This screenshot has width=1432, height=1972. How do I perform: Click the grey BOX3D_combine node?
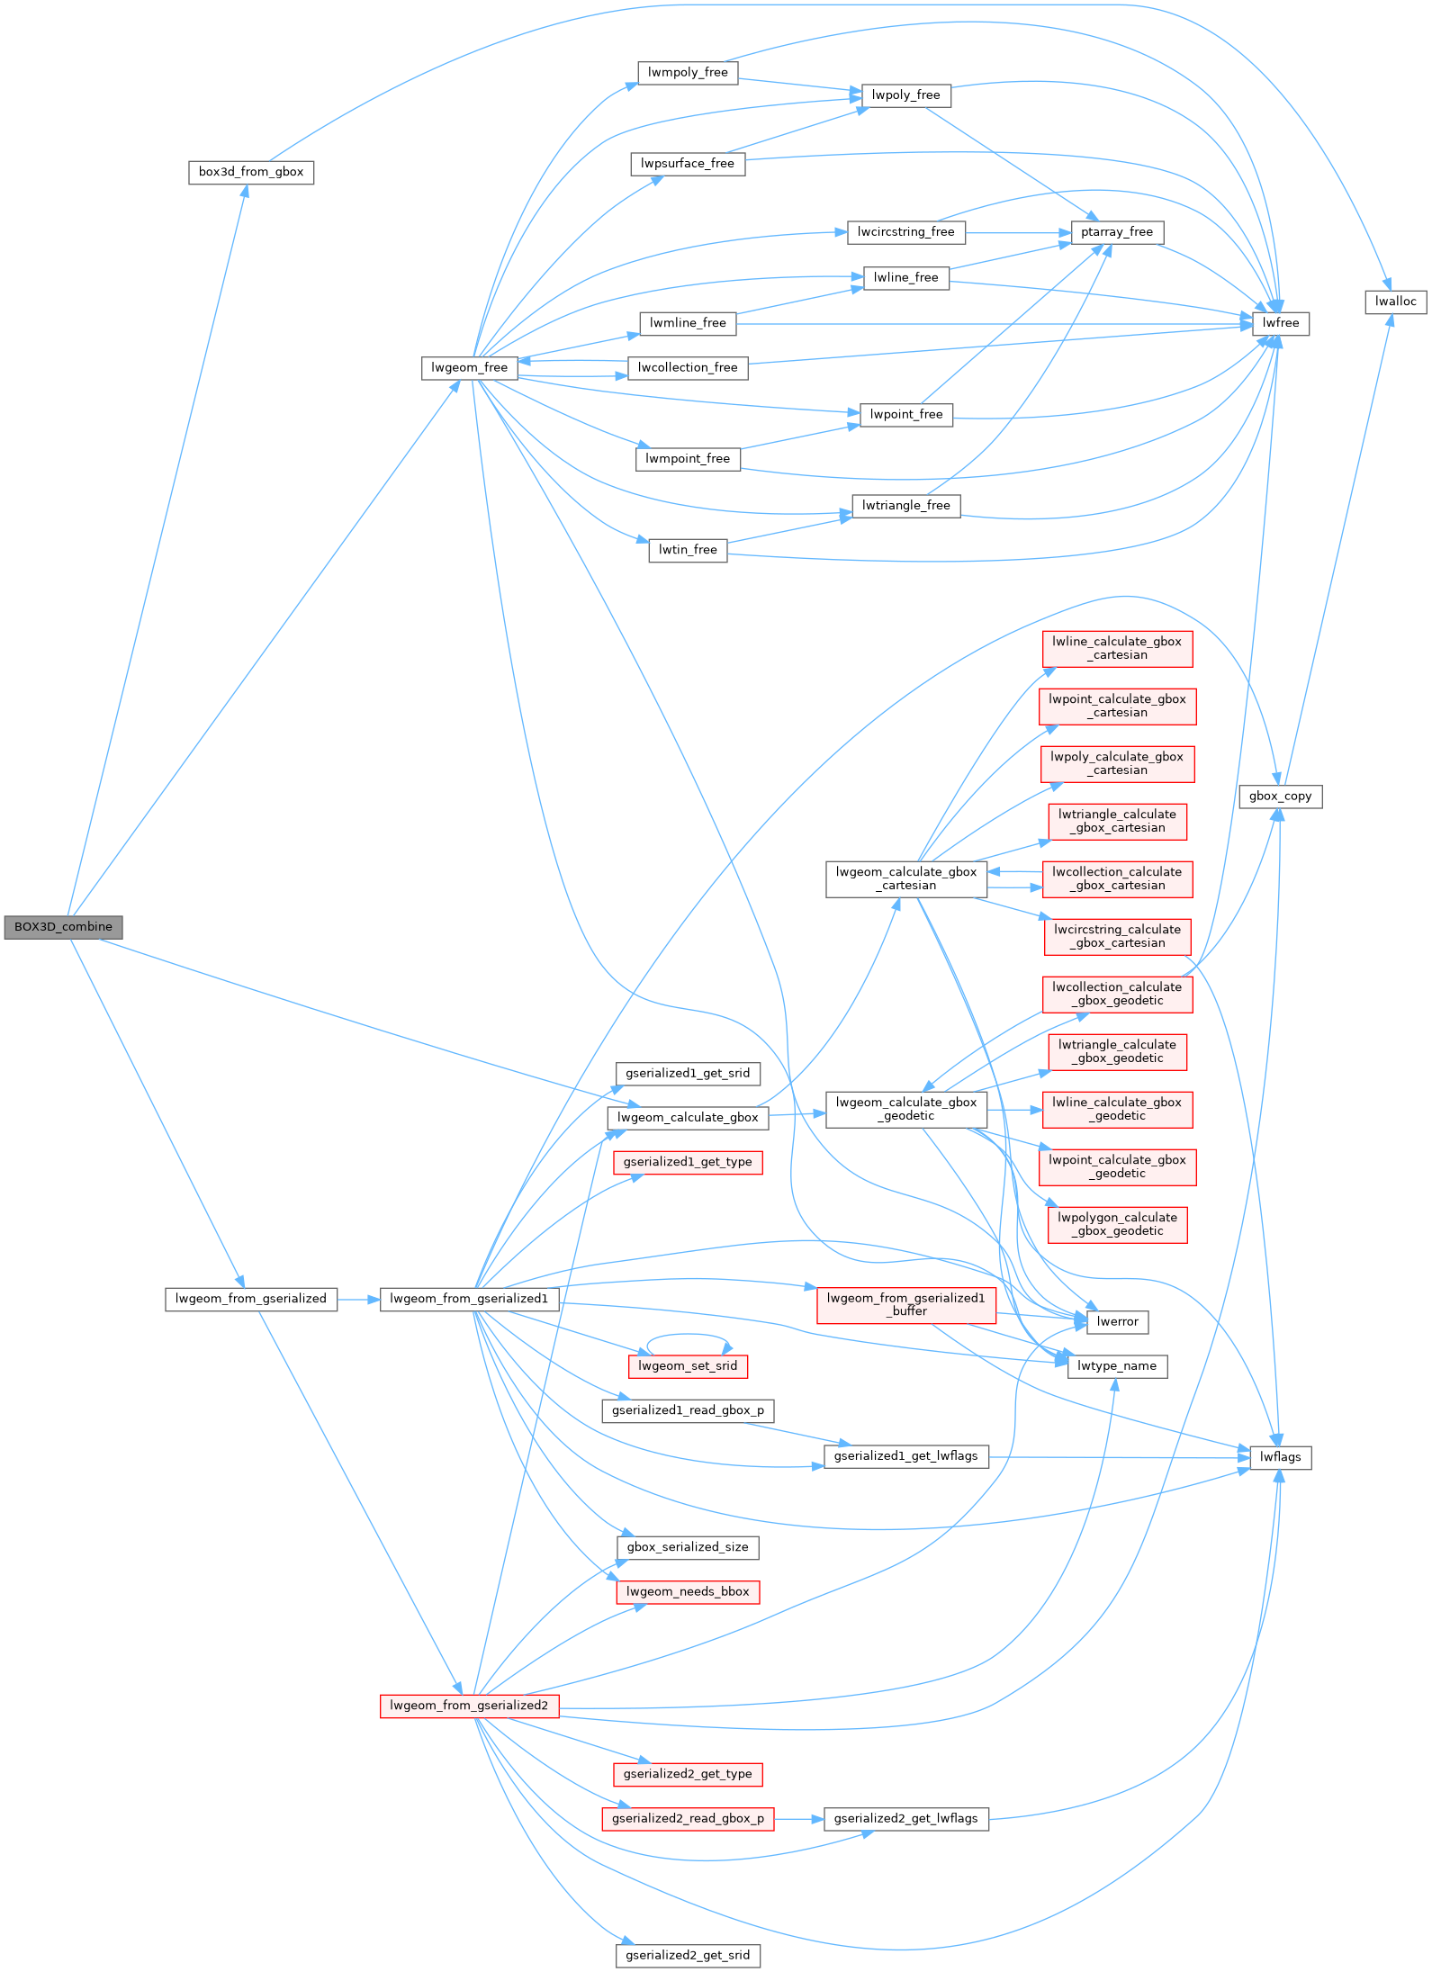63,927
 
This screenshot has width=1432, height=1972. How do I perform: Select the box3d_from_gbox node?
251,172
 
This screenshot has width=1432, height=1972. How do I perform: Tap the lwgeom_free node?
469,367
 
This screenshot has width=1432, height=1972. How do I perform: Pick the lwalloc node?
1395,302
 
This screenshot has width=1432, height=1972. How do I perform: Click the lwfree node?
1280,323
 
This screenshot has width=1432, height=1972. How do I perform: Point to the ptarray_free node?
1116,232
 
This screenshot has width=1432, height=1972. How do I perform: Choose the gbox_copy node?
1280,796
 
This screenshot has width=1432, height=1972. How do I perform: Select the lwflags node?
1280,1457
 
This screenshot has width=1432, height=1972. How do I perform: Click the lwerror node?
1117,1321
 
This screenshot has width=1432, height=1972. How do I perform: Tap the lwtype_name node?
1116,1366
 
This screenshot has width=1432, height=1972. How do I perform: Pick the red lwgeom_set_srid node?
688,1366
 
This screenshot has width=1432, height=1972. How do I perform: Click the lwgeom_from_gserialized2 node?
469,1706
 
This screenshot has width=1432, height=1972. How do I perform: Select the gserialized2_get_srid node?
688,1955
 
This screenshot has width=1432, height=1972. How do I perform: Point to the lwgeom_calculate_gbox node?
688,1118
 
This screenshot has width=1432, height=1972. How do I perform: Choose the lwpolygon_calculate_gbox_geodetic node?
1116,1224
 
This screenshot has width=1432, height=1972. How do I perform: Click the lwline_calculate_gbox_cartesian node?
1116,648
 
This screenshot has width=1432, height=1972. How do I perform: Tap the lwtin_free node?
688,550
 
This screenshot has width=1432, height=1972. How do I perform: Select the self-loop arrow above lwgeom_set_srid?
688,1335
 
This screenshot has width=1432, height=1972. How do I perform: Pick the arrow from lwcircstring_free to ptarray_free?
1017,232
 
